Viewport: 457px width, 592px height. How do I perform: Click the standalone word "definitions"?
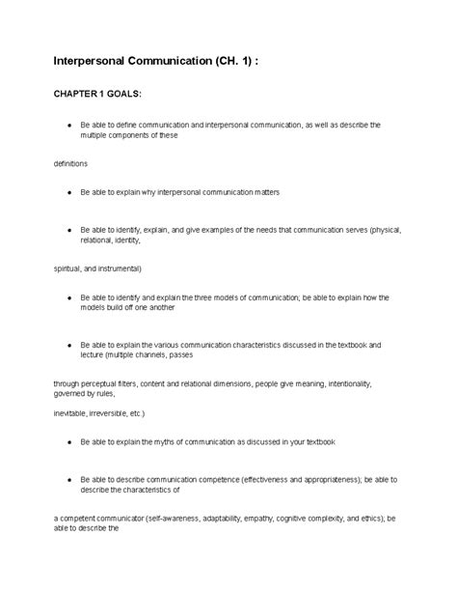tap(69, 163)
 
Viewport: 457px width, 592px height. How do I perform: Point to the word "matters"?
tap(262, 192)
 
